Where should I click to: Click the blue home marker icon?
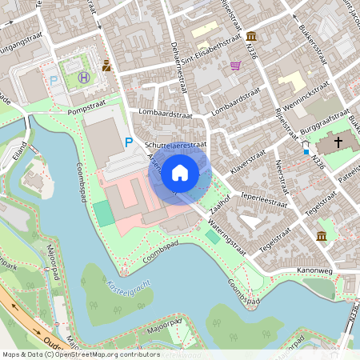(x=180, y=173)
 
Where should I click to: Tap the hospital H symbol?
(x=84, y=78)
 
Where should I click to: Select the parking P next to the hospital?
(x=54, y=81)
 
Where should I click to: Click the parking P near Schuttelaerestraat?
(x=129, y=142)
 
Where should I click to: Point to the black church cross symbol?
(x=338, y=142)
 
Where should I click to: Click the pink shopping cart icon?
(x=235, y=66)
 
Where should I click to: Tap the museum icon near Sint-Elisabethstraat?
(x=252, y=37)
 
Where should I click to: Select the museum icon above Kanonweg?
(x=322, y=236)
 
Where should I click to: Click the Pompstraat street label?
(x=86, y=112)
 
